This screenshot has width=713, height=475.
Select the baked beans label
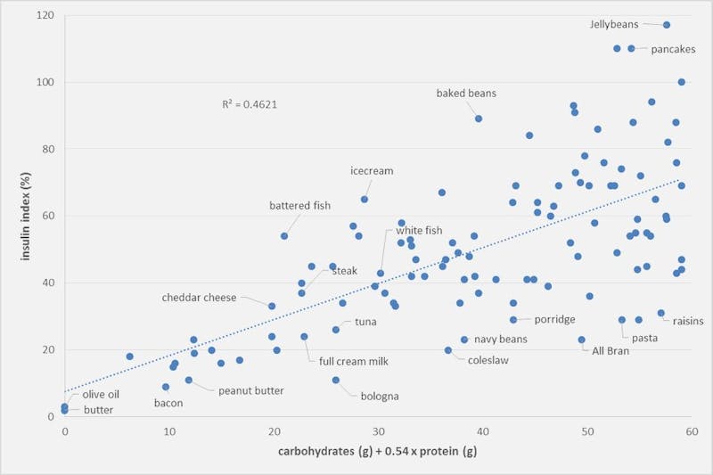click(466, 93)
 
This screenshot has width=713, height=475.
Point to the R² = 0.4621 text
click(249, 104)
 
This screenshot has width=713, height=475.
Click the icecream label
click(372, 170)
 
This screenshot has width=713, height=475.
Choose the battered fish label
click(299, 206)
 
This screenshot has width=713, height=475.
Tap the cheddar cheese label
click(199, 298)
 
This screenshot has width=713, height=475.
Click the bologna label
click(379, 396)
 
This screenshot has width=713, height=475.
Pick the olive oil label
click(102, 394)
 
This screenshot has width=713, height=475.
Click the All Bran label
click(611, 351)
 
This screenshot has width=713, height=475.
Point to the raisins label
click(688, 321)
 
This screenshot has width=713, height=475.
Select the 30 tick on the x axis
click(378, 432)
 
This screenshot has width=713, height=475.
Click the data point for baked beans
click(479, 119)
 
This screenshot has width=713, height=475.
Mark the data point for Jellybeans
click(666, 25)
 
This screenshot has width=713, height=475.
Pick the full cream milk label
click(354, 362)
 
